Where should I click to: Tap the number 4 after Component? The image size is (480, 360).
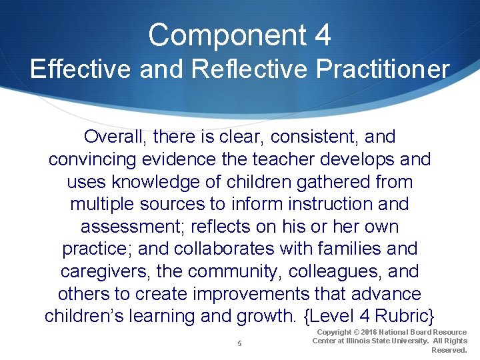click(322, 35)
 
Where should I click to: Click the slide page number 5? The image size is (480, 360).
click(239, 343)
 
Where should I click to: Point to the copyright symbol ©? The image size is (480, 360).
click(358, 332)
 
